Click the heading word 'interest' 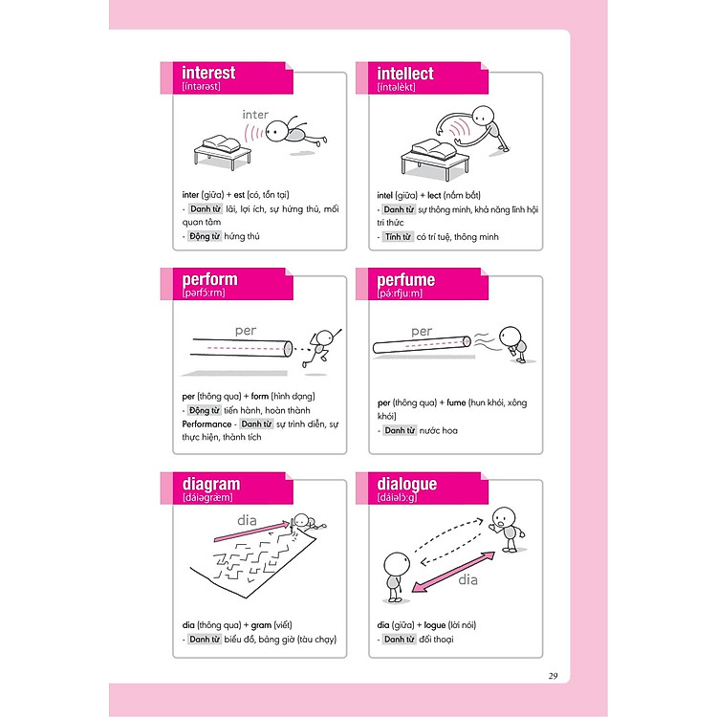pyautogui.click(x=208, y=73)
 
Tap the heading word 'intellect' pyautogui.click(x=405, y=74)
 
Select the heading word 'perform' pyautogui.click(x=210, y=280)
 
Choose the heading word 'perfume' pyautogui.click(x=406, y=280)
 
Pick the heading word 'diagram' pyautogui.click(x=211, y=484)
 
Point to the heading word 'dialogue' pyautogui.click(x=407, y=484)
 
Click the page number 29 pyautogui.click(x=554, y=676)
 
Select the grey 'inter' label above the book pyautogui.click(x=255, y=115)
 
